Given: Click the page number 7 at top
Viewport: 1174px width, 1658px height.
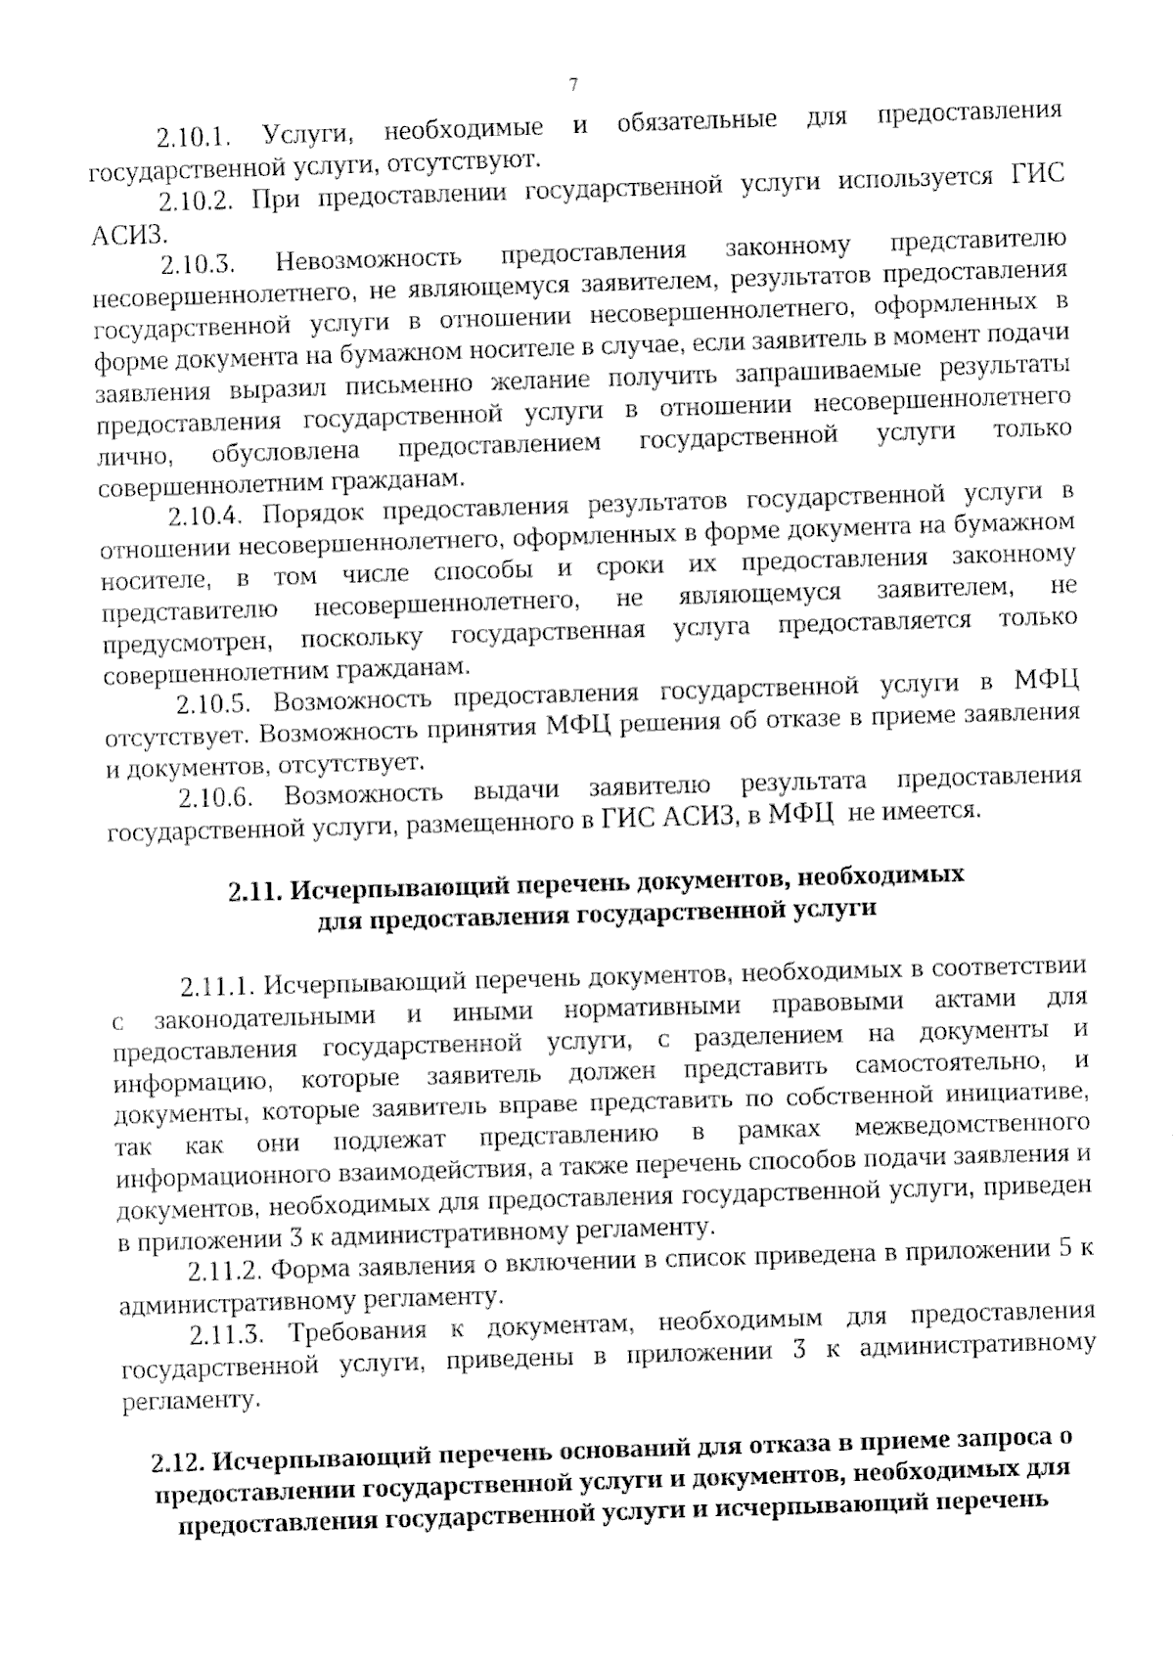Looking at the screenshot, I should coord(573,85).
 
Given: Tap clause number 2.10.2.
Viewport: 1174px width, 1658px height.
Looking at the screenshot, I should coord(195,202).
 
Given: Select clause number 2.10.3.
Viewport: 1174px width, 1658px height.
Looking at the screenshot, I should coord(200,265).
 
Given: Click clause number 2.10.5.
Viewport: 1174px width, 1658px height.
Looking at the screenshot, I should coord(214,705).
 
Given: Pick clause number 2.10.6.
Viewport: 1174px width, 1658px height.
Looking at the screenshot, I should coord(217,797).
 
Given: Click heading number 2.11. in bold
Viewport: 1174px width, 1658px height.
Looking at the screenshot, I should coord(255,891).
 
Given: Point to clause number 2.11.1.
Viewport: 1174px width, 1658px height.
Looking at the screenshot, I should coord(216,985).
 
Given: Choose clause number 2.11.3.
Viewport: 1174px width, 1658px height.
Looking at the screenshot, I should coord(227,1335).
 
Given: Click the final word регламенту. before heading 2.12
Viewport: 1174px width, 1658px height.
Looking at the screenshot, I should coord(192,1401).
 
